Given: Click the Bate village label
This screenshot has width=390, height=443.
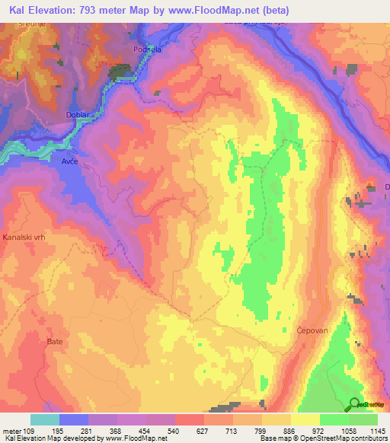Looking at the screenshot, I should [55, 342].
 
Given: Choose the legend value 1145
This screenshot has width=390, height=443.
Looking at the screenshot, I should [378, 431].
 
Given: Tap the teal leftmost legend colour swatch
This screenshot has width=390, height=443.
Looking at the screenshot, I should [45, 419].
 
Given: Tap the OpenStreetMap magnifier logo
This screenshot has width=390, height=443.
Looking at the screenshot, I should [355, 404].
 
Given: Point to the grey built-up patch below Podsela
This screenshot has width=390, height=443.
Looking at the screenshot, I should [120, 72].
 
